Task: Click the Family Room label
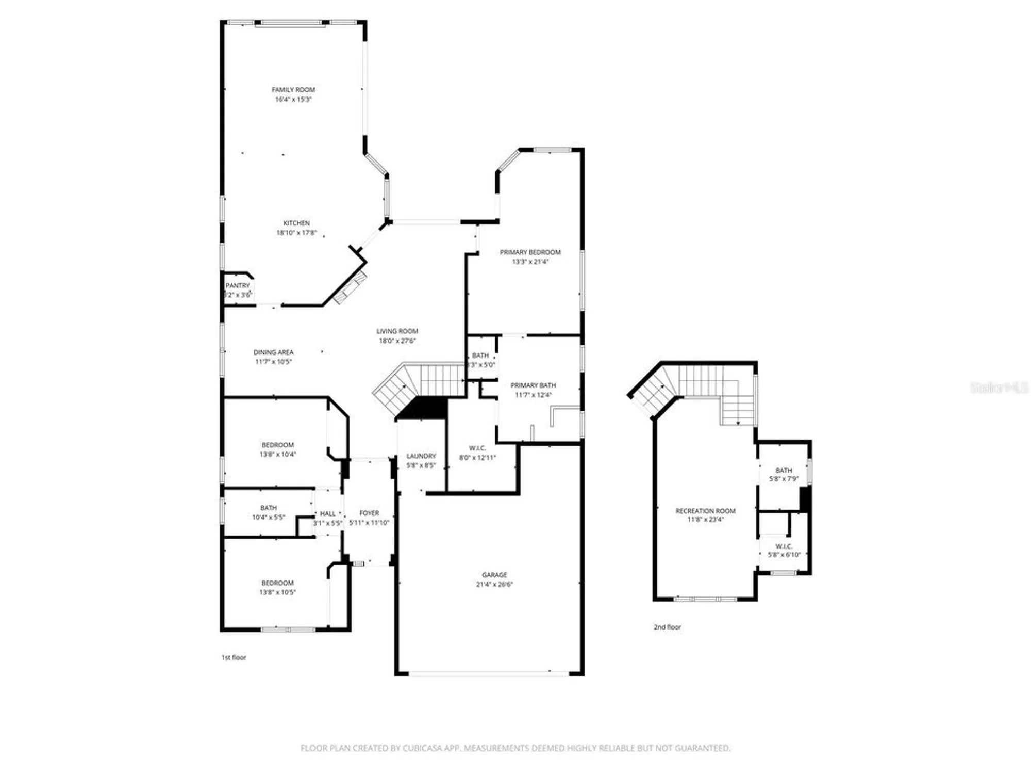tap(293, 90)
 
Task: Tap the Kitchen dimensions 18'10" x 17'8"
tap(296, 233)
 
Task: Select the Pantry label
tap(238, 285)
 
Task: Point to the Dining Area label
tap(273, 352)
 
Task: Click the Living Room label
tap(397, 331)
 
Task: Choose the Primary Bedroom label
tap(530, 252)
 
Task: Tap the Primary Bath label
tap(533, 385)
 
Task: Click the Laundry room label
tap(421, 456)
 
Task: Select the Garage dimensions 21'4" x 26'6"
tap(494, 584)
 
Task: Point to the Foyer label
tap(369, 513)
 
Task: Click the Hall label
tap(327, 513)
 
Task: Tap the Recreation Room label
tap(705, 511)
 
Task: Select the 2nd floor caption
tap(667, 627)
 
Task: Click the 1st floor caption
tap(234, 657)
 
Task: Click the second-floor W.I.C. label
tap(784, 546)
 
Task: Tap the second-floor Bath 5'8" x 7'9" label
tap(784, 470)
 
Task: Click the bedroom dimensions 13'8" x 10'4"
tap(278, 455)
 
